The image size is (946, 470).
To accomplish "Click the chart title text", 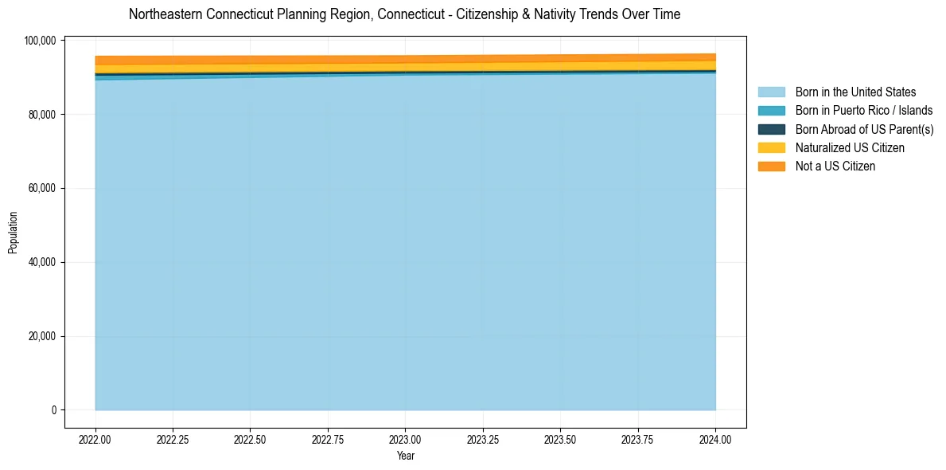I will (x=404, y=14).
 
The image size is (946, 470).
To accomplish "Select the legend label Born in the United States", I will (x=855, y=92).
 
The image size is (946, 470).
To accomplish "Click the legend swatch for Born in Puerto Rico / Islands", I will (x=771, y=111).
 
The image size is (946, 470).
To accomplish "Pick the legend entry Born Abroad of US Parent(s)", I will (x=864, y=129).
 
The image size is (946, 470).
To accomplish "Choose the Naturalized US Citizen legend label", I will (x=850, y=148).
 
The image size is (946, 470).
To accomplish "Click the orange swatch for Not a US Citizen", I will (x=771, y=166).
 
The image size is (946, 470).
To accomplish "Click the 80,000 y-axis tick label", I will (x=42, y=115).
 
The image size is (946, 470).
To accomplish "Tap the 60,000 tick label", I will (x=42, y=189).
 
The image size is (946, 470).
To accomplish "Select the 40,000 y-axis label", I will (x=42, y=262).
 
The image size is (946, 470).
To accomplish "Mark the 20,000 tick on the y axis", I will (x=42, y=336).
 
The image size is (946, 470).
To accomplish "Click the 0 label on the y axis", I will (x=54, y=410).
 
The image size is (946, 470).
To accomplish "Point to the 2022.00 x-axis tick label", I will (x=95, y=440).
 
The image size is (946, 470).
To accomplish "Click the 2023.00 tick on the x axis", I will (x=405, y=440).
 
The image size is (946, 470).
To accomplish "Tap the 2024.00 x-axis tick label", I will (x=715, y=440).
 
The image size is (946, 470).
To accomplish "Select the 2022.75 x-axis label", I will (x=328, y=440).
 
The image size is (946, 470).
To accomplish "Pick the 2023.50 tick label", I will (x=560, y=440).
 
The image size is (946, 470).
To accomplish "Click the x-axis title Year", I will (x=405, y=456).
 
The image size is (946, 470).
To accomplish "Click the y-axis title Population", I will (x=13, y=233).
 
